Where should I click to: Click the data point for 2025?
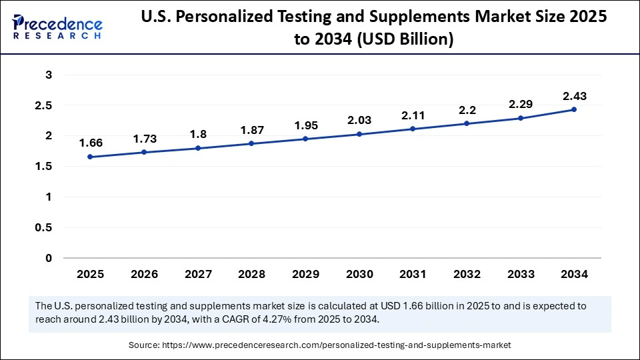coord(90,157)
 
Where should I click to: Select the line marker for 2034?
coord(573,109)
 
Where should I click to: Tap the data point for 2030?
coord(359,134)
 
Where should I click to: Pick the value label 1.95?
coord(305,125)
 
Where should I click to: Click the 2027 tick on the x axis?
coord(197,274)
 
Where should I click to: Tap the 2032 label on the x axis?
coord(466,274)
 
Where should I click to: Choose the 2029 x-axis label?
coord(305,274)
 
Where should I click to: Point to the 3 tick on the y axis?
coord(49,75)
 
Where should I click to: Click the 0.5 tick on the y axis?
coord(44,227)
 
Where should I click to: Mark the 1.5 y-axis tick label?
coord(44,166)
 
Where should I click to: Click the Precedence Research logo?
coord(57,27)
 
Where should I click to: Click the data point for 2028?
coord(251,143)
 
